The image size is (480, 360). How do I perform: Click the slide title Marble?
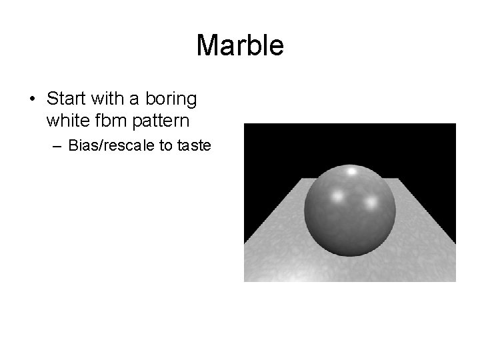240,46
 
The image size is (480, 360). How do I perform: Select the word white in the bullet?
65,121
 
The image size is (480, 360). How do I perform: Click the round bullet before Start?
32,100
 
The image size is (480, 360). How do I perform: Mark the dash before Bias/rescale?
58,145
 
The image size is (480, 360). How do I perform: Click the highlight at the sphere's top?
351,172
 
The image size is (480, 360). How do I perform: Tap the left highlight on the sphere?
337,197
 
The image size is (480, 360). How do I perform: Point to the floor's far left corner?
303,179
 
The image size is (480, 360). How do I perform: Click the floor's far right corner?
399,179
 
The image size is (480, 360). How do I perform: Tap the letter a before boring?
134,99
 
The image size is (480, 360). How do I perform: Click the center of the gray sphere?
351,211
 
